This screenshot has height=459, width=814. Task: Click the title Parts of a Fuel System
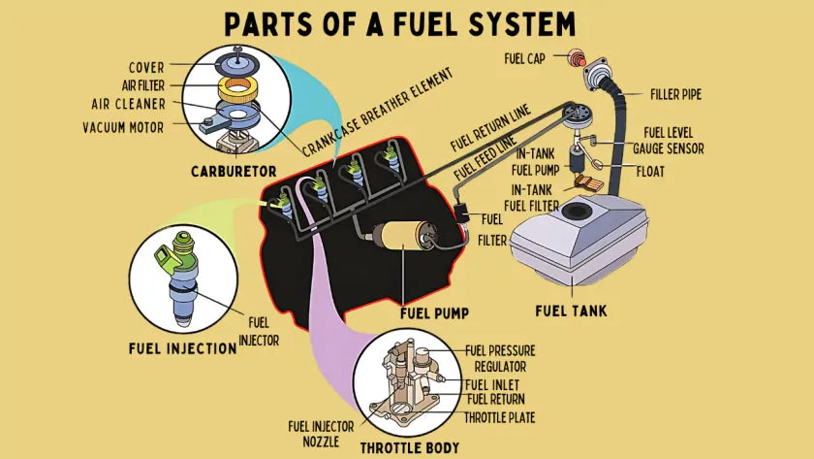pyautogui.click(x=406, y=23)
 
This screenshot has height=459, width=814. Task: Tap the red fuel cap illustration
pyautogui.click(x=561, y=57)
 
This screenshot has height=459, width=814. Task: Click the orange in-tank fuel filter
pyautogui.click(x=588, y=182)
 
